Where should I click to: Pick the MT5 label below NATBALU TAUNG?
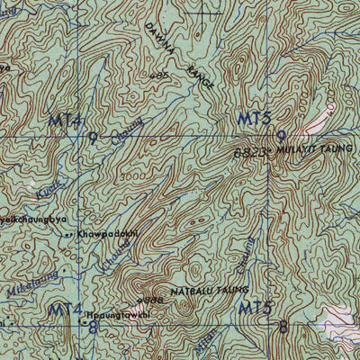tap(256, 309)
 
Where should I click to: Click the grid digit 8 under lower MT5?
tap(284, 328)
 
